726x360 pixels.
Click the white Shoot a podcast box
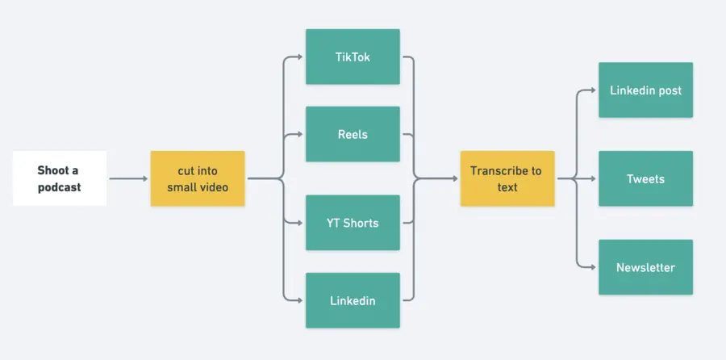tap(59, 178)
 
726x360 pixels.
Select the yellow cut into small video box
tap(198, 178)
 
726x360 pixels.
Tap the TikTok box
tap(353, 57)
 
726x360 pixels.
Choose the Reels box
tap(353, 134)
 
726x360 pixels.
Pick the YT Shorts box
tap(353, 223)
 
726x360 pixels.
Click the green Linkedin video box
tap(353, 300)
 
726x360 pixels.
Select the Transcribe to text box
tap(507, 178)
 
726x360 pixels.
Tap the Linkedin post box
tap(645, 90)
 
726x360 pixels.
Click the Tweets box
tap(645, 178)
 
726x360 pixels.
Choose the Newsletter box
tap(645, 267)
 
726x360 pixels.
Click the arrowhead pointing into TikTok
tap(300, 57)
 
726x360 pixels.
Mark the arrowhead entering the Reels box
tap(300, 134)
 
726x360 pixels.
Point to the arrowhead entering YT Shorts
tap(300, 223)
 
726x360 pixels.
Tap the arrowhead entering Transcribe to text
tap(455, 178)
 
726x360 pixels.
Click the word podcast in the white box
tap(59, 187)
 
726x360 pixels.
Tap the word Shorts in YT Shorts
tap(361, 223)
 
